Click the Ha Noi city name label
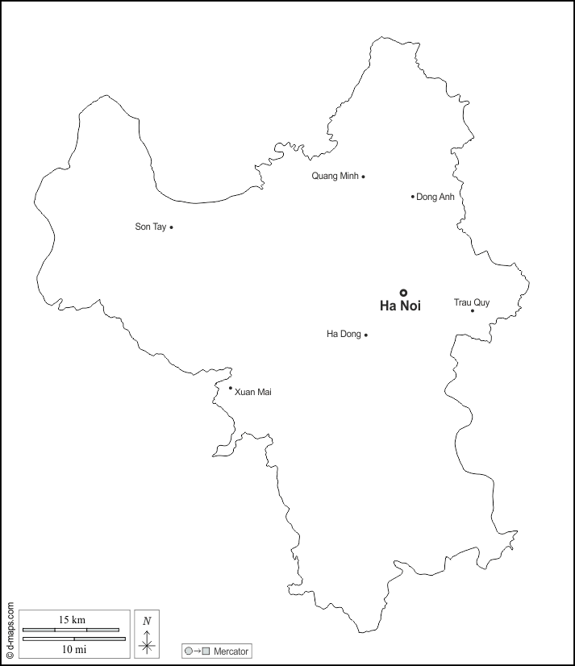pyautogui.click(x=400, y=306)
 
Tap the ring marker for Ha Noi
pyautogui.click(x=404, y=293)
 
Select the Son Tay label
pyautogui.click(x=150, y=227)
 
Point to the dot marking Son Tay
pyautogui.click(x=171, y=227)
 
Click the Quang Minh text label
pyautogui.click(x=335, y=176)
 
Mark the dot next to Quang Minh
pyautogui.click(x=363, y=176)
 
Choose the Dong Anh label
pyautogui.click(x=435, y=197)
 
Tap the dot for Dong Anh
pyautogui.click(x=413, y=196)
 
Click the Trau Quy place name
pyautogui.click(x=471, y=302)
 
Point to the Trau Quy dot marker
pyautogui.click(x=473, y=310)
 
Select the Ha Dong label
pyautogui.click(x=344, y=335)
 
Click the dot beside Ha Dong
pyautogui.click(x=366, y=335)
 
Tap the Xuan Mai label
pyautogui.click(x=252, y=392)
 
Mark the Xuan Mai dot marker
pyautogui.click(x=231, y=388)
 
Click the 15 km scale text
pyautogui.click(x=71, y=619)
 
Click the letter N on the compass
pyautogui.click(x=147, y=621)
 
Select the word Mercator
pyautogui.click(x=231, y=651)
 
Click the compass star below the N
pyautogui.click(x=147, y=643)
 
